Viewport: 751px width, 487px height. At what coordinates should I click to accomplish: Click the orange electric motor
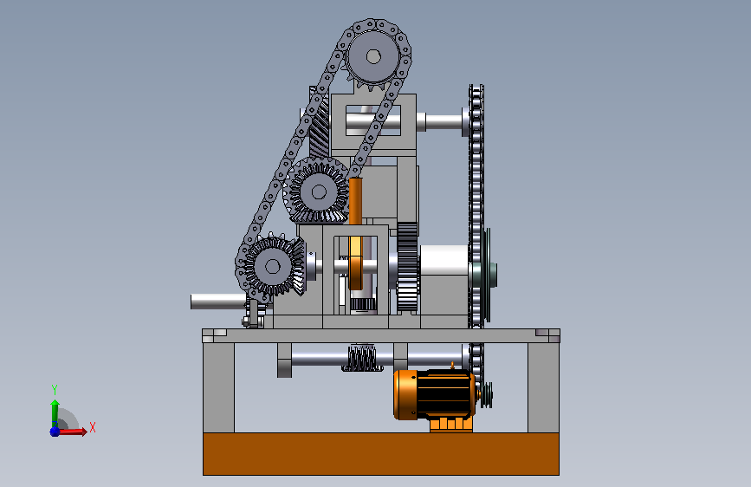[433, 395]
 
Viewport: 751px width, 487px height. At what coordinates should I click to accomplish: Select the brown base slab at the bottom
[381, 454]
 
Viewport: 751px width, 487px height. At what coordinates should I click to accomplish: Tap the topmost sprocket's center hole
[373, 57]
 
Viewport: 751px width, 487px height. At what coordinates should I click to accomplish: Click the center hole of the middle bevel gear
[319, 192]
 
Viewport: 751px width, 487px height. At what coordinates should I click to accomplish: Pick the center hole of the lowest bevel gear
[273, 267]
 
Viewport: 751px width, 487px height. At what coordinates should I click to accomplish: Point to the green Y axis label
[55, 389]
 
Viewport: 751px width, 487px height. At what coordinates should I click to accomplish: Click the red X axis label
[93, 427]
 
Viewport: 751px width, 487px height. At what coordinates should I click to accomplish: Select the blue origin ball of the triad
[55, 432]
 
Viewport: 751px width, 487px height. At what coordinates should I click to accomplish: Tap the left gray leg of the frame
[218, 387]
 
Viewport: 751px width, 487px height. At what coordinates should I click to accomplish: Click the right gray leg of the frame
[544, 387]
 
